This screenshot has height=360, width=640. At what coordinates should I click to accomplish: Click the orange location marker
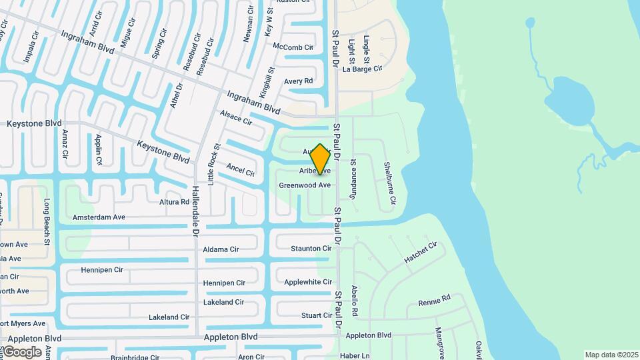tap(321, 159)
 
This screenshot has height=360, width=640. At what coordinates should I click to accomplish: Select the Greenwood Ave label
tap(305, 185)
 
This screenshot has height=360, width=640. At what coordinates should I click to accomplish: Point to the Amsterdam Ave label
tap(99, 217)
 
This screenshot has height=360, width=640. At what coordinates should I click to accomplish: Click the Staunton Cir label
tap(311, 249)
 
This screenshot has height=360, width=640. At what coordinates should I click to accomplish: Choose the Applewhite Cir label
tap(307, 282)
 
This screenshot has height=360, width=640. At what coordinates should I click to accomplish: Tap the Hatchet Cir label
tap(420, 253)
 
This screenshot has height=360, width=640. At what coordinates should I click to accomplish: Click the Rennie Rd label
tap(435, 301)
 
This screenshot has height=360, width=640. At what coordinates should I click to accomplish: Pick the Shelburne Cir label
tap(389, 183)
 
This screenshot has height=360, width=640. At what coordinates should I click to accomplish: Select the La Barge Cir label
tap(362, 69)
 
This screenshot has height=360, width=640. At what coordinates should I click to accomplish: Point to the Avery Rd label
tap(298, 81)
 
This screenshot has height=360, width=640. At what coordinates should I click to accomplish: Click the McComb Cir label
tap(293, 47)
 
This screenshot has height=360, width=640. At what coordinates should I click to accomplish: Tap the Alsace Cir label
tap(236, 118)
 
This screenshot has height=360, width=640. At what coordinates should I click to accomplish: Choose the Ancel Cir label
tap(241, 170)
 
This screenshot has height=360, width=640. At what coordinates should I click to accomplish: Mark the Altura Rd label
tap(174, 202)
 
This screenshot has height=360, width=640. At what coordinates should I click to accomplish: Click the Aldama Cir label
tap(221, 249)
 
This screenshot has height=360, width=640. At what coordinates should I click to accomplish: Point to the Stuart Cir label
tap(317, 315)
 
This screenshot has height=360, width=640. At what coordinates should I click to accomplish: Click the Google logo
tap(22, 351)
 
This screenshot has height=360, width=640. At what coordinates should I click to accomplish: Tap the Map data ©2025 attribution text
tap(611, 355)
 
